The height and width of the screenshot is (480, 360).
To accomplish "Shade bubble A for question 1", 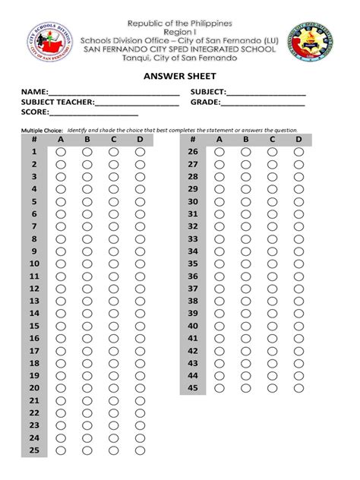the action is (x=61, y=152).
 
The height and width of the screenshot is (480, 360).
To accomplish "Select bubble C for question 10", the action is (x=114, y=264).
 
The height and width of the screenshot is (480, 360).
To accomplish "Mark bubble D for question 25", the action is (x=141, y=450).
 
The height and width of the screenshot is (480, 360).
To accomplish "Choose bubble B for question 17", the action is (x=87, y=351).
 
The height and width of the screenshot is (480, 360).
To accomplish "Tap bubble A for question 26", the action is (x=219, y=152).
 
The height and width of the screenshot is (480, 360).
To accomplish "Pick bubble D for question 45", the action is (x=298, y=388).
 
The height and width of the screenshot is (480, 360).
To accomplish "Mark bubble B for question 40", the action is (x=245, y=326).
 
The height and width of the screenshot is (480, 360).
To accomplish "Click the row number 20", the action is (x=34, y=388).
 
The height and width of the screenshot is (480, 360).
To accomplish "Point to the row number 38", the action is (x=192, y=301).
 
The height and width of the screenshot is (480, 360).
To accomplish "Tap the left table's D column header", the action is (x=141, y=139).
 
